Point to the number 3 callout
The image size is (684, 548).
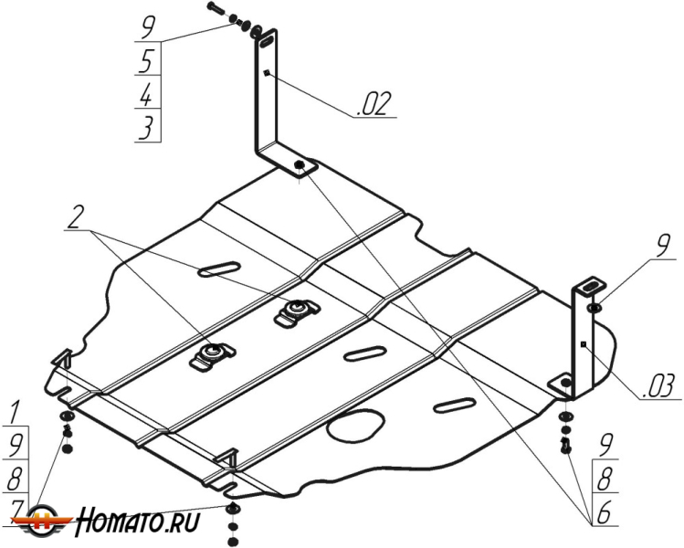click(x=145, y=128)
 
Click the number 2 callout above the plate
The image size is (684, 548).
click(x=76, y=216)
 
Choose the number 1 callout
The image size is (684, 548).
click(x=16, y=411)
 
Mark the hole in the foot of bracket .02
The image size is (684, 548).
click(x=300, y=165)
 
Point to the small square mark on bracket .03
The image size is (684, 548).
click(x=582, y=343)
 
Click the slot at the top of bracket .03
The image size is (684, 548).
click(x=592, y=287)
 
